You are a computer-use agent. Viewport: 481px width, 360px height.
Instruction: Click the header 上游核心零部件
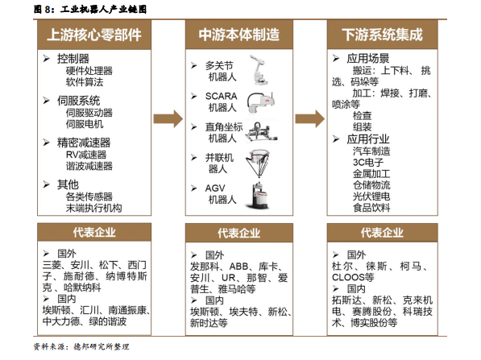point(94,35)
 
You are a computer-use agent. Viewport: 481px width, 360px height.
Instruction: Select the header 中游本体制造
point(239,35)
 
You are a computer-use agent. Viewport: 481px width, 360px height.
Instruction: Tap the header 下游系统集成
point(382,35)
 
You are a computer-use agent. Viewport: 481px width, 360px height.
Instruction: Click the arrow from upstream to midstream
point(168,118)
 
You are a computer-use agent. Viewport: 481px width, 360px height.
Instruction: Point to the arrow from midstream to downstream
point(310,118)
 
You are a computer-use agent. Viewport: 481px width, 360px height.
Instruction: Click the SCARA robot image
point(261,102)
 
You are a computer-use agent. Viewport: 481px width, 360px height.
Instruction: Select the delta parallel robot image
point(259,163)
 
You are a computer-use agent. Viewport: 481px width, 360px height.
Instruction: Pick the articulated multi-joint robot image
point(259,70)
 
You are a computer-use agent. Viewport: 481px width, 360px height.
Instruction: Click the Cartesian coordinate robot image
point(261,132)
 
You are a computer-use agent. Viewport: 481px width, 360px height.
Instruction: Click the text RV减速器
point(86,155)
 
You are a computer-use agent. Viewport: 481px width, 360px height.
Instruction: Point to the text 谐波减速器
point(89,166)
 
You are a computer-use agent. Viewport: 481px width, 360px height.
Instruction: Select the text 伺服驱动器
point(89,113)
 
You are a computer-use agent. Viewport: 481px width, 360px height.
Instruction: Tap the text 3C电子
point(368,162)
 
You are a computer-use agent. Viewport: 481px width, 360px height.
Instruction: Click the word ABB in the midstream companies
point(238,266)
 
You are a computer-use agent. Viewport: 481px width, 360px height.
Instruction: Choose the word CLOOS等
point(353,277)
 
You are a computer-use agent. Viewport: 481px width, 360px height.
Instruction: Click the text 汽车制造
point(371,151)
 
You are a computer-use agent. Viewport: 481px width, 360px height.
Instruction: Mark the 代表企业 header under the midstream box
point(239,233)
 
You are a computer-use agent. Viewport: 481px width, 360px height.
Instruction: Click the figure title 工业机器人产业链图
point(103,9)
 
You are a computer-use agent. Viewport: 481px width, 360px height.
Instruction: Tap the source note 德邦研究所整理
point(102,346)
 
